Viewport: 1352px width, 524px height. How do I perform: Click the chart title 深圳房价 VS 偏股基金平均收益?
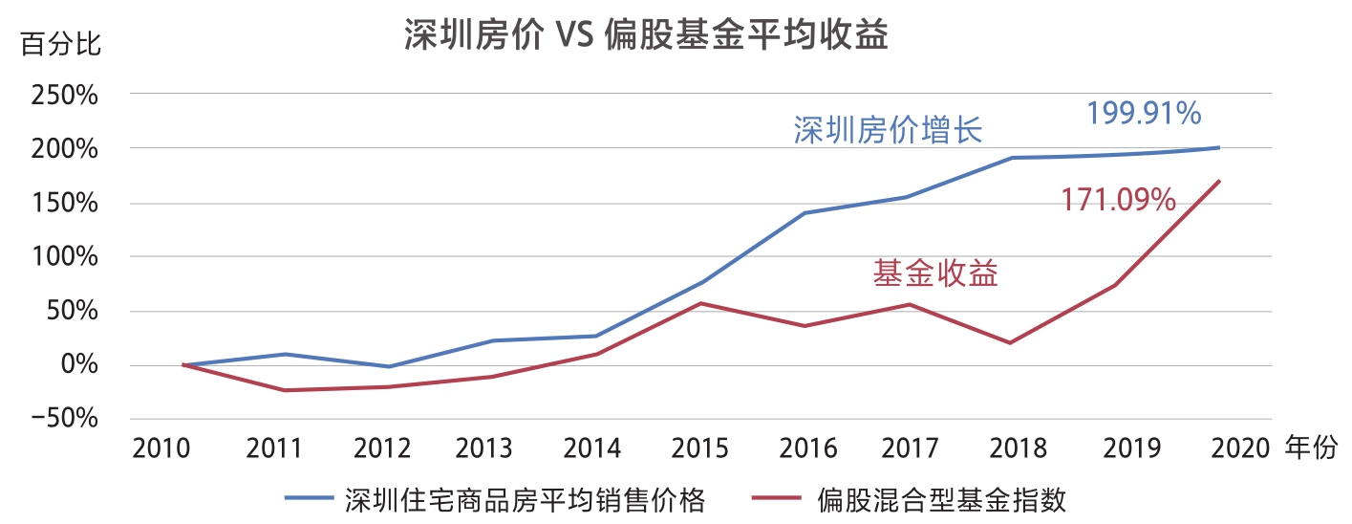point(646,35)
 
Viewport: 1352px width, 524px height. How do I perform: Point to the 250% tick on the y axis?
point(65,96)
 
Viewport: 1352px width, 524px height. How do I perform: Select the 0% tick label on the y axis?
point(78,364)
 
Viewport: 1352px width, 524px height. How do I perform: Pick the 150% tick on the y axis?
point(65,203)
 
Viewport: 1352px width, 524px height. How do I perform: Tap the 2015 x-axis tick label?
point(701,448)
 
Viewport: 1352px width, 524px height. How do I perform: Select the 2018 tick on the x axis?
point(1011,448)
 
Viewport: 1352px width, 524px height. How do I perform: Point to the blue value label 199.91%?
point(1143,114)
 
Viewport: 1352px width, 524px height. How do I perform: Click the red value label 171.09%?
point(1118,200)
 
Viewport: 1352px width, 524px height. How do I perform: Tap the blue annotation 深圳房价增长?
point(888,130)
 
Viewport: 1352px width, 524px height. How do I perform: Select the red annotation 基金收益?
point(935,274)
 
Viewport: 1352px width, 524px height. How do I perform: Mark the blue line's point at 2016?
point(805,213)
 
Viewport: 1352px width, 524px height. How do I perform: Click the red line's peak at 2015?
point(701,303)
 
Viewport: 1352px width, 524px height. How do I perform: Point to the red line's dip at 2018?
point(1011,342)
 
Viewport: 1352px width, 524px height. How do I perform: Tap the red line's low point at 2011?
point(285,390)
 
